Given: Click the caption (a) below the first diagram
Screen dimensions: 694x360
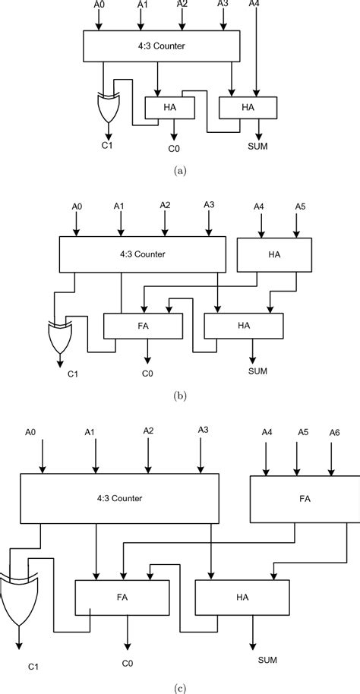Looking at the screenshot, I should tap(179, 172).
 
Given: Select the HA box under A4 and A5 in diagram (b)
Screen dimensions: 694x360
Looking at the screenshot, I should tap(276, 254).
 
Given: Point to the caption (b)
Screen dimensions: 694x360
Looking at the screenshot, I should tap(179, 395).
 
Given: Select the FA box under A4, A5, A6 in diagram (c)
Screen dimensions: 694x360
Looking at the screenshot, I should tap(305, 500).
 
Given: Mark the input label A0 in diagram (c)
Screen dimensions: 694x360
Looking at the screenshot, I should tap(30, 432).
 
